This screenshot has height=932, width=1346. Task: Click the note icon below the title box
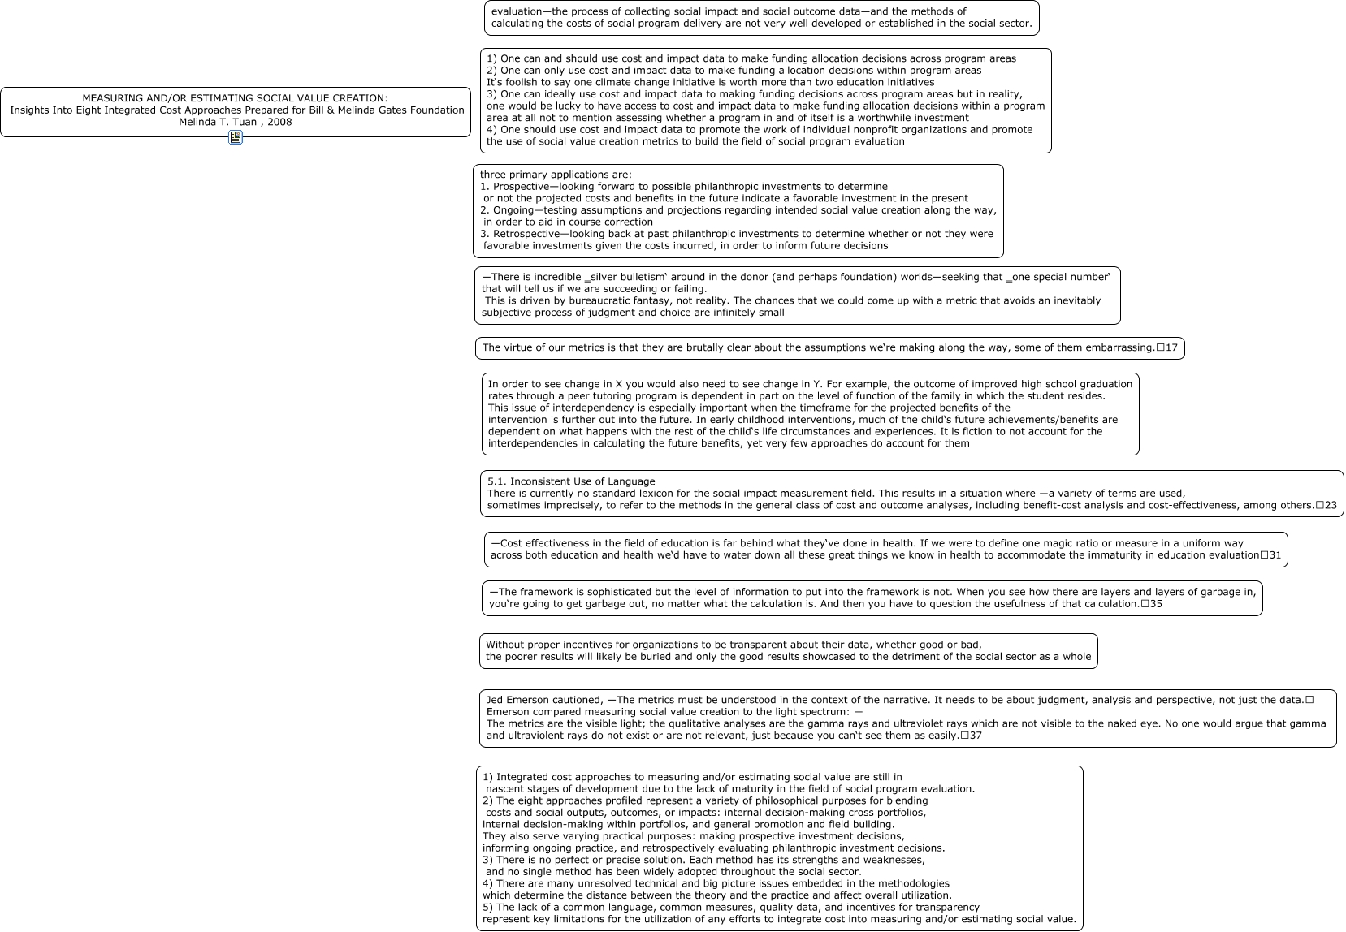coord(236,137)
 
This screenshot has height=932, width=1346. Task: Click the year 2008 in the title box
coord(279,122)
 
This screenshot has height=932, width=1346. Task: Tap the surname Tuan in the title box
coord(243,122)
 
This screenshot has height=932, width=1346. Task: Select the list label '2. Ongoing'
coord(506,210)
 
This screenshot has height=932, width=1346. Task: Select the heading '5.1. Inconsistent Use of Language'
coord(571,481)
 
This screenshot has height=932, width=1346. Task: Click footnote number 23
coord(1331,505)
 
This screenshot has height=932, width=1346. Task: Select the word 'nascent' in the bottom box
coord(505,789)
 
